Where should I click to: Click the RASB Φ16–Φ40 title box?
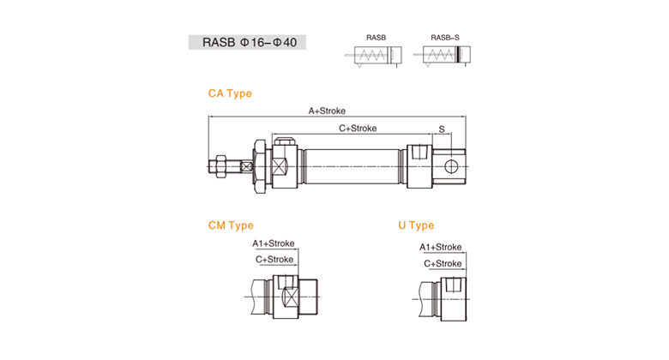pyautogui.click(x=247, y=42)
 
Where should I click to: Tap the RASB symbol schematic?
pyautogui.click(x=373, y=56)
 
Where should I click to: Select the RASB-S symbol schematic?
pyautogui.click(x=443, y=56)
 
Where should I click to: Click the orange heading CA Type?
pyautogui.click(x=230, y=93)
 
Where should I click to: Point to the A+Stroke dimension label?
pyautogui.click(x=327, y=111)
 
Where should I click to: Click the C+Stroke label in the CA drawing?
pyautogui.click(x=358, y=129)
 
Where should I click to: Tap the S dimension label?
pyautogui.click(x=442, y=129)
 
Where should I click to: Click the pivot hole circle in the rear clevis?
pyautogui.click(x=451, y=166)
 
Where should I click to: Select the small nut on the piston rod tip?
pyautogui.click(x=220, y=166)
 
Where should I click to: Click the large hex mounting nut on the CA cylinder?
pyautogui.click(x=259, y=166)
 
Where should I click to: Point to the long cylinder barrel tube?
pyautogui.click(x=353, y=166)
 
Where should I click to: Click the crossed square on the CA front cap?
pyautogui.click(x=279, y=166)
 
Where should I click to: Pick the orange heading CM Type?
pyautogui.click(x=231, y=225)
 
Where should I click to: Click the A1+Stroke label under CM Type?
pyautogui.click(x=274, y=243)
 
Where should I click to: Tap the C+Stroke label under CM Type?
pyautogui.click(x=274, y=260)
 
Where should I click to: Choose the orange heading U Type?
pyautogui.click(x=416, y=225)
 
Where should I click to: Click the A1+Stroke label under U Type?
pyautogui.click(x=440, y=248)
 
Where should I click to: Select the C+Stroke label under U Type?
pyautogui.click(x=443, y=264)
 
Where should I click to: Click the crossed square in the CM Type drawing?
pyautogui.click(x=290, y=297)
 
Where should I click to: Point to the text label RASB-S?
pyautogui.click(x=445, y=38)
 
